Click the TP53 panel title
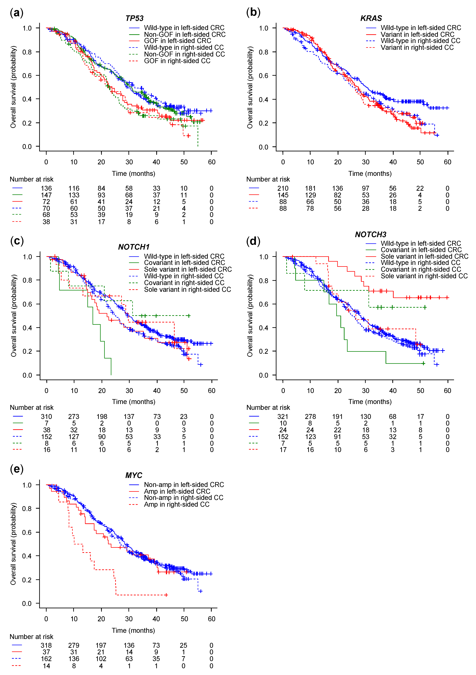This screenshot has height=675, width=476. (x=134, y=18)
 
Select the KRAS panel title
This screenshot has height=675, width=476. (x=371, y=18)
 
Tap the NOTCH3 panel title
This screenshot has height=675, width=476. (x=370, y=234)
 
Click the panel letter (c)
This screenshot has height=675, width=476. (x=17, y=241)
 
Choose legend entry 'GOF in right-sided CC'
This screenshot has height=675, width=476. (x=177, y=61)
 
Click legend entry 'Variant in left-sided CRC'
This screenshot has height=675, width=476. (x=417, y=34)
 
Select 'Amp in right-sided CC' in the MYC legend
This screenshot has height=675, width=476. (x=176, y=504)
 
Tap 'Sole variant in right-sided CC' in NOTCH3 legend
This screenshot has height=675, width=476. (x=424, y=276)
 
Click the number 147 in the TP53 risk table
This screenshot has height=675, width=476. (x=46, y=195)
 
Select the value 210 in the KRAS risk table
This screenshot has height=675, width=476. (x=283, y=188)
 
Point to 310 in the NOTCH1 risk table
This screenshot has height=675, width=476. (x=46, y=417)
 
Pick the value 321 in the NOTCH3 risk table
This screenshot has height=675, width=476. (x=283, y=417)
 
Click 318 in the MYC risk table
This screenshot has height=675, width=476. (x=46, y=645)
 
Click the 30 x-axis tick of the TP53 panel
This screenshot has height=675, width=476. (x=129, y=162)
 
